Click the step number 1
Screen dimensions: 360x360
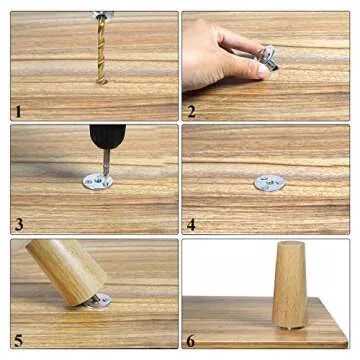(x=18, y=111)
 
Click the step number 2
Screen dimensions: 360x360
(x=191, y=111)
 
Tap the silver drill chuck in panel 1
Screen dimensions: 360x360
(x=103, y=16)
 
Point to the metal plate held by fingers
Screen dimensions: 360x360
(x=266, y=59)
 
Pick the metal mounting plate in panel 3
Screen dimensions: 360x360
(x=98, y=182)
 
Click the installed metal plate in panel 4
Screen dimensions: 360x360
(x=268, y=183)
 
